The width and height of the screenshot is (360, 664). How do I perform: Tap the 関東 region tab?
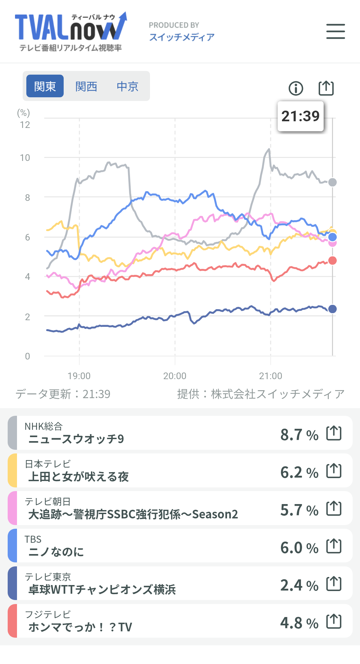(45, 86)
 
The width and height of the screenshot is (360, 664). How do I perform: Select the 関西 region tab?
(86, 86)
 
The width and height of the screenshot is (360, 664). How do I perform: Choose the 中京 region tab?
(127, 86)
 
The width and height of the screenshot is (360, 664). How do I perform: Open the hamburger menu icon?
(335, 31)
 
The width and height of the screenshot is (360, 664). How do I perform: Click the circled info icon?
(296, 88)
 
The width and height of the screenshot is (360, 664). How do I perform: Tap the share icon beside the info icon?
(326, 88)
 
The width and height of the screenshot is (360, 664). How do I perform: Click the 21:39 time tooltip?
(301, 116)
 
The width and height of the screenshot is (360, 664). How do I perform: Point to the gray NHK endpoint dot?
(332, 182)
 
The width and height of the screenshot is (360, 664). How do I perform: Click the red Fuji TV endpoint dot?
(332, 261)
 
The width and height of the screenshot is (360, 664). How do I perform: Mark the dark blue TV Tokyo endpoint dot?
(332, 309)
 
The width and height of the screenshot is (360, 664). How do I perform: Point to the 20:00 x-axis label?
(175, 376)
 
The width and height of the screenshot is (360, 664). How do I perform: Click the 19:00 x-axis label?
(79, 376)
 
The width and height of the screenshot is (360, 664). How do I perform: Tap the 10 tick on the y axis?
(25, 158)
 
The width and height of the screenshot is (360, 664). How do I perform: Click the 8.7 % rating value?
(299, 435)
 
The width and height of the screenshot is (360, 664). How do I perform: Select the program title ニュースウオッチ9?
(76, 439)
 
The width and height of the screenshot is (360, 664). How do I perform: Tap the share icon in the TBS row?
(334, 546)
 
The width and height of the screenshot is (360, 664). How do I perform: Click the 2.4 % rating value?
(299, 585)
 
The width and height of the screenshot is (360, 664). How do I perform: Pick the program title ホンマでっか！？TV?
(80, 627)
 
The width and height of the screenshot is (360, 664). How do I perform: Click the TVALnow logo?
(71, 32)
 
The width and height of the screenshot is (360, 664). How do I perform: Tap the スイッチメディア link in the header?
(182, 37)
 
